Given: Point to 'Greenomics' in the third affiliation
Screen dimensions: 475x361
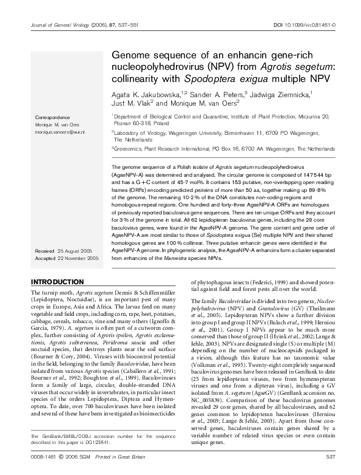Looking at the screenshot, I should [129, 148].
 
